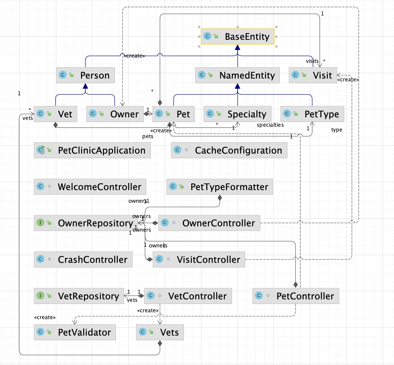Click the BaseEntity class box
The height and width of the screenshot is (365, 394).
[237, 36]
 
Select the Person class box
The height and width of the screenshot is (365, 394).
[85, 75]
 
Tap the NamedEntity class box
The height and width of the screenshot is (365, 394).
[237, 75]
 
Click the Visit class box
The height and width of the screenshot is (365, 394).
[313, 75]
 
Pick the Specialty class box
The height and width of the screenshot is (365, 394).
[237, 114]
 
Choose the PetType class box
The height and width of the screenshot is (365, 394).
[312, 114]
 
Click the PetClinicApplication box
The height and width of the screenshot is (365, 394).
[92, 150]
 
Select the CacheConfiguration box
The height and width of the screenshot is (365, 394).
[229, 150]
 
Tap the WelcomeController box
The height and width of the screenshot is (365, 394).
[90, 187]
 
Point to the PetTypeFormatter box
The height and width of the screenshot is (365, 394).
[220, 187]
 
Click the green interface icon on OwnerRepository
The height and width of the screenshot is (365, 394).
[40, 223]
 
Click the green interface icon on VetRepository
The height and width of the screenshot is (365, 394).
[40, 296]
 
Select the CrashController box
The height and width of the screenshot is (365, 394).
[83, 260]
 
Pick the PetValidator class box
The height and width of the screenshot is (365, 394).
[75, 332]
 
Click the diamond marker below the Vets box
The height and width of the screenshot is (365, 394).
[160, 344]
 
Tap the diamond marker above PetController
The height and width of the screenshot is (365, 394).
[295, 285]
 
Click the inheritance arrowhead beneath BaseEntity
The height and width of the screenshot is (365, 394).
[237, 47]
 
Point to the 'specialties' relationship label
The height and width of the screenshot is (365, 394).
[270, 125]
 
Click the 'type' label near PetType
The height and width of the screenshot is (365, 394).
[337, 130]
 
